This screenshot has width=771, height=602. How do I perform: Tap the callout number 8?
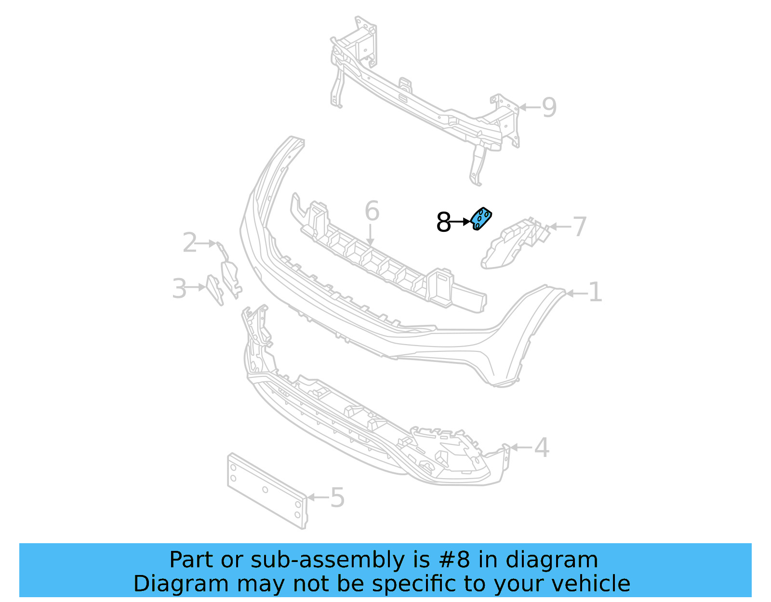[x=443, y=222]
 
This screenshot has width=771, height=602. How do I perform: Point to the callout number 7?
[x=580, y=227]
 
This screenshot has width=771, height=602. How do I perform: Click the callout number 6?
[x=372, y=211]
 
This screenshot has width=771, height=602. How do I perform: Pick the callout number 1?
[x=596, y=293]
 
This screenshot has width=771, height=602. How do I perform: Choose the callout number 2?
[x=189, y=242]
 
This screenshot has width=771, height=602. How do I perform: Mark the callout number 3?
[x=179, y=288]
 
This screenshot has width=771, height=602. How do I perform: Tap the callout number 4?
[x=542, y=447]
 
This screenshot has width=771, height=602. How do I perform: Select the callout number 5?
[x=338, y=497]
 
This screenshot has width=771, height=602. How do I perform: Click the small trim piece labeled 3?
[x=214, y=289]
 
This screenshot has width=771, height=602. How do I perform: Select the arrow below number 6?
[x=370, y=236]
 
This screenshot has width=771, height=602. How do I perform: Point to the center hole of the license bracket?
[x=265, y=490]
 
